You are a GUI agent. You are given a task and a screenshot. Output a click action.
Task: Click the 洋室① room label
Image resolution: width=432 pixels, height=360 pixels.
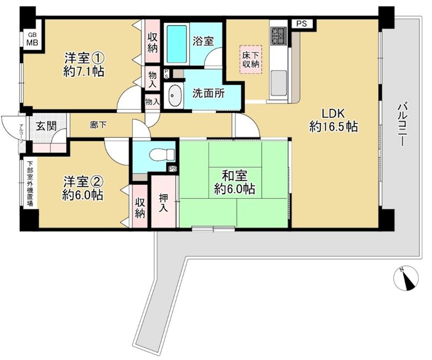pos(84,57)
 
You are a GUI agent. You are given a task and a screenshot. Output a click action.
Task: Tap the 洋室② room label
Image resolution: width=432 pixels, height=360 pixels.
pos(82,181)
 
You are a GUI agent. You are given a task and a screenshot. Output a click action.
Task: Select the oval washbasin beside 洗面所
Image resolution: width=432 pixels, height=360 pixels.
pos(174,97)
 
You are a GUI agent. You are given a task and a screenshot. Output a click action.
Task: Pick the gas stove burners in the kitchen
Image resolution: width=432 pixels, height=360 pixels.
pos(279,36)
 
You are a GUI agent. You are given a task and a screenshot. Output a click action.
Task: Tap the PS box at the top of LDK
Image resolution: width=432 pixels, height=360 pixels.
pos(301,24)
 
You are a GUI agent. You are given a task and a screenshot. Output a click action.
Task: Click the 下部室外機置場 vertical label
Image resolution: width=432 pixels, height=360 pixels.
pos(30,182)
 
